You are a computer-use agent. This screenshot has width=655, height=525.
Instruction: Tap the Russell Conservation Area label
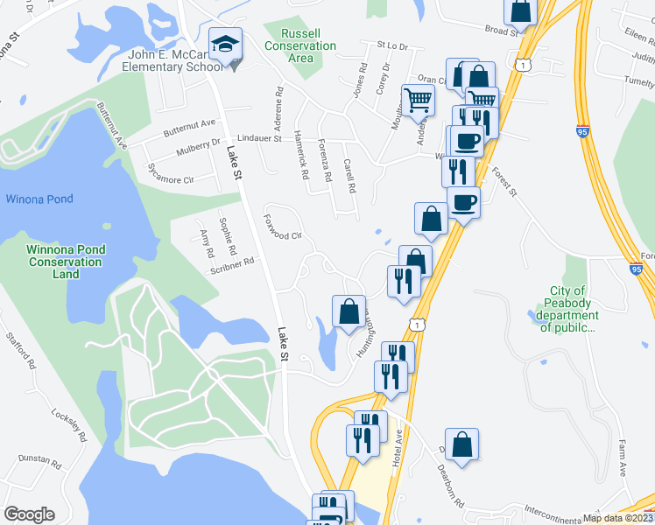click(x=299, y=45)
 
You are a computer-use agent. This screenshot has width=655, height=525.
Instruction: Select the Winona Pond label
click(x=39, y=199)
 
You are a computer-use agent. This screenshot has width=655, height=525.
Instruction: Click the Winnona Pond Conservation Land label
click(x=66, y=262)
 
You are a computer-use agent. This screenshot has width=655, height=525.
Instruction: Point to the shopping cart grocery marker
click(x=418, y=101)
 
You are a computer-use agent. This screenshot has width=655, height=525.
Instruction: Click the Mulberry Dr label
click(x=189, y=148)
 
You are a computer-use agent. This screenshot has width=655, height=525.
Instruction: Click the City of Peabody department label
click(x=574, y=310)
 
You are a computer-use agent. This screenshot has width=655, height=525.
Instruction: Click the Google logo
click(x=29, y=514)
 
